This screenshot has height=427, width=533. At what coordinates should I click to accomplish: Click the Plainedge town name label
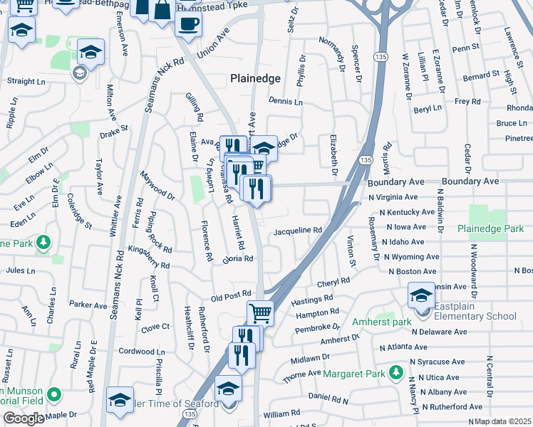pos(254,78)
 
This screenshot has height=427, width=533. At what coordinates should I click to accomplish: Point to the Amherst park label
pos(381,322)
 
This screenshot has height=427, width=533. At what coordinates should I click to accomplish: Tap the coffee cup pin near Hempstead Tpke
pos(188,23)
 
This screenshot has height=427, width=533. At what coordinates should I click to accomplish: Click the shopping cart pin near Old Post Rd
pos(261,312)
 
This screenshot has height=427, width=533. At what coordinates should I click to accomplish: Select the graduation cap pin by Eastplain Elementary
pos(421,294)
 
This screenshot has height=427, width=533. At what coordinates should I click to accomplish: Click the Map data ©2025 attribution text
pos(503,421)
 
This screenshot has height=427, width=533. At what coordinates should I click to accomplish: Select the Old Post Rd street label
pos(231,294)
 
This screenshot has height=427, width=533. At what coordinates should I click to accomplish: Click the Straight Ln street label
pos(26,81)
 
